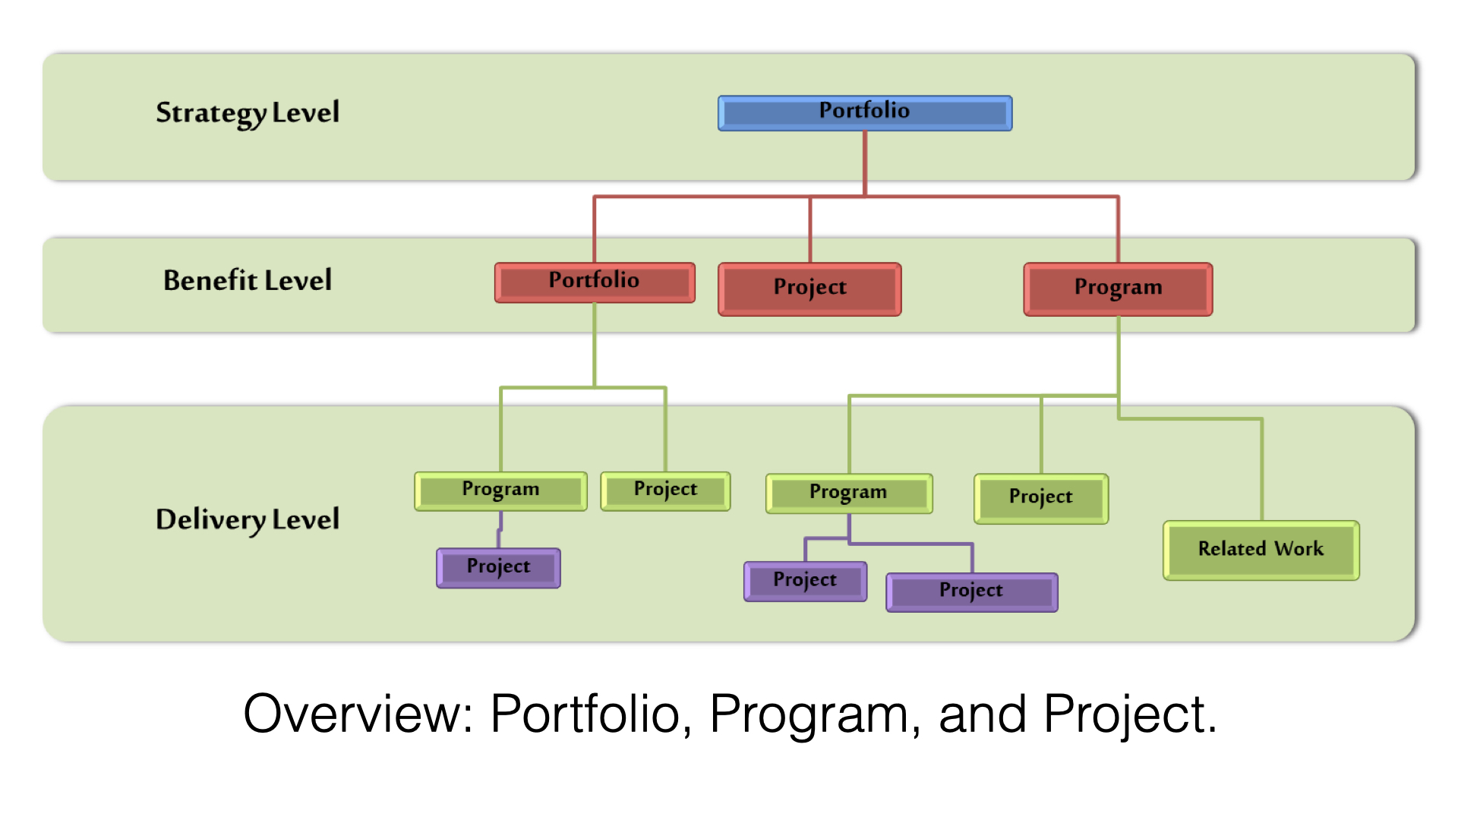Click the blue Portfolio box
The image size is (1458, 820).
(x=864, y=113)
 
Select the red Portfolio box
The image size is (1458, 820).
(x=595, y=282)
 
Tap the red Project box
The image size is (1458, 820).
(x=809, y=289)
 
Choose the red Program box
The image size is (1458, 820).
(x=1118, y=289)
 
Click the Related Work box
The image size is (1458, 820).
(x=1261, y=550)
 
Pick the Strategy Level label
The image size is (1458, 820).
(x=248, y=112)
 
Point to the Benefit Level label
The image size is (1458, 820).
(x=248, y=280)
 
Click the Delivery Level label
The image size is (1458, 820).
(x=248, y=519)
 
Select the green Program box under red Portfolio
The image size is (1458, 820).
(x=500, y=490)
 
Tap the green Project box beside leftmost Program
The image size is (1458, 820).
(x=665, y=490)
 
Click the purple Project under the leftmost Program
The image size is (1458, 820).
(x=498, y=567)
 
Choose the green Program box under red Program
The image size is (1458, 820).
(x=848, y=494)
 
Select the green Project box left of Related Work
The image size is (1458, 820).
(x=1040, y=498)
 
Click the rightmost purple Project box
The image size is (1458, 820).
(x=971, y=591)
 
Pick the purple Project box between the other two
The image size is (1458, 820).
(x=805, y=581)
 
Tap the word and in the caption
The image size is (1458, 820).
(x=982, y=715)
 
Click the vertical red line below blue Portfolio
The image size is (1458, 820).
(x=865, y=162)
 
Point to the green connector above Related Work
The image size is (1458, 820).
(x=1261, y=471)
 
